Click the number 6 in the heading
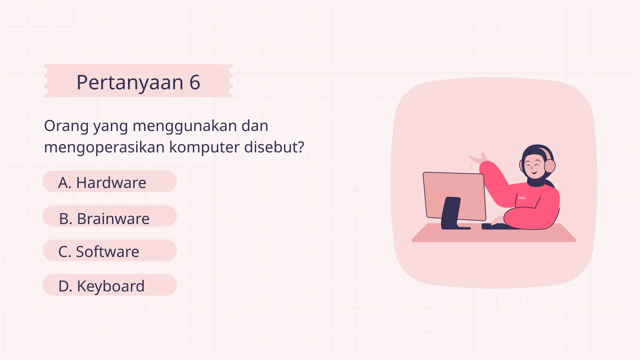(x=194, y=82)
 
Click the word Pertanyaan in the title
(x=130, y=83)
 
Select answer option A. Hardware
(x=109, y=182)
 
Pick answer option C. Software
(x=109, y=251)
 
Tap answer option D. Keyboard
(x=109, y=286)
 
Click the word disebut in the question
(x=271, y=147)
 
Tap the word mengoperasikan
(x=104, y=147)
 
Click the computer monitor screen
(x=453, y=191)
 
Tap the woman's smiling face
(x=532, y=167)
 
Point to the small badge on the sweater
(x=522, y=198)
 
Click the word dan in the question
(x=255, y=126)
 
